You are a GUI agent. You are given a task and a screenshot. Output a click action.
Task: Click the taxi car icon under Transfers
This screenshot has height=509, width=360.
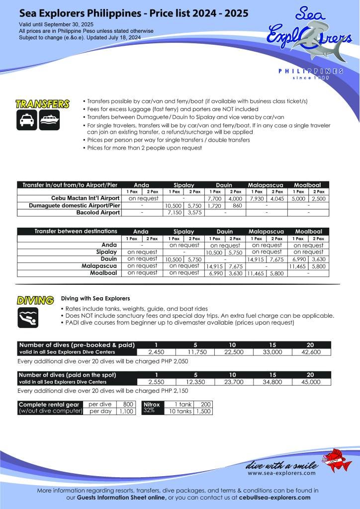[x=26, y=121]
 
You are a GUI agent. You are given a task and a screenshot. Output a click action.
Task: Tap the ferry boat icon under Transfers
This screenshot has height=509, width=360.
[x=49, y=121]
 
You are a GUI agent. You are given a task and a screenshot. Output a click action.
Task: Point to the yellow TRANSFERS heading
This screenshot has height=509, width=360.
[x=42, y=104]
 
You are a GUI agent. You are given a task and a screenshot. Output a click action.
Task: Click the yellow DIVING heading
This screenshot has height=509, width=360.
[x=35, y=300]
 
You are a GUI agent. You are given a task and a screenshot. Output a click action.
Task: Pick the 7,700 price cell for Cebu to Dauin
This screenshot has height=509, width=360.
[x=216, y=198]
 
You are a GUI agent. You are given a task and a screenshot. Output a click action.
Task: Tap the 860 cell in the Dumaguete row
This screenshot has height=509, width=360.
[x=237, y=205]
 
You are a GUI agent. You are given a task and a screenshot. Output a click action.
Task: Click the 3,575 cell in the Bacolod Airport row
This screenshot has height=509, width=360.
[x=195, y=213]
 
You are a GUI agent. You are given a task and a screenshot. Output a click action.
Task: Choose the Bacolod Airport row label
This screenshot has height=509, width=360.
[x=98, y=213]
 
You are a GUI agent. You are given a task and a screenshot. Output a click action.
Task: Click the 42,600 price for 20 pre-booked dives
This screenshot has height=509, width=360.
[x=310, y=352]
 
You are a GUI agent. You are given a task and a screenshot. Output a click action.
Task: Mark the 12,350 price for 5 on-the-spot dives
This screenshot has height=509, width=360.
[x=194, y=382]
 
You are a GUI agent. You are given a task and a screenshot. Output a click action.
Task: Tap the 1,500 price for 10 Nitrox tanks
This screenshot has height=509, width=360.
[x=202, y=412]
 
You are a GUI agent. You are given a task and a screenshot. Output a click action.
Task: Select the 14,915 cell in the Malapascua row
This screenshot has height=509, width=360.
[x=216, y=266]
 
